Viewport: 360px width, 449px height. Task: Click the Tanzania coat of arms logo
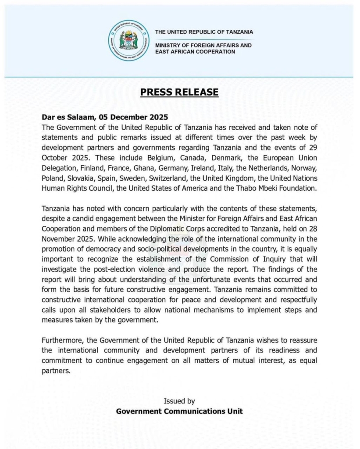128,40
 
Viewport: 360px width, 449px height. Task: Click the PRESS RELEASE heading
179,92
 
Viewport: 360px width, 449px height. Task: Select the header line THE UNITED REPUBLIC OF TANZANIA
204,32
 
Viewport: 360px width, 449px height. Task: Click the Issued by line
179,401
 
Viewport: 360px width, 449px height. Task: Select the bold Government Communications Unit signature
179,411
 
